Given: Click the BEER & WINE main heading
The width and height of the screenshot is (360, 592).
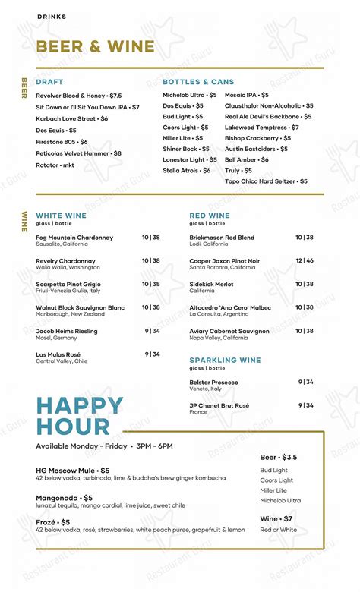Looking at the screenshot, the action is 95,47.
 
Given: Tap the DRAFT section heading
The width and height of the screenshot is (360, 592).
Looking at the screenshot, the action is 49,82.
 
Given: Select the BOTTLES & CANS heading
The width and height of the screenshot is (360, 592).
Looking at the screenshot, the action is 198,82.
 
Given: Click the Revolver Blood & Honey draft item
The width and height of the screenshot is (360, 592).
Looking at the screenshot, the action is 78,96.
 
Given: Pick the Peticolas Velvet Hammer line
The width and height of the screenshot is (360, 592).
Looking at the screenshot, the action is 78,153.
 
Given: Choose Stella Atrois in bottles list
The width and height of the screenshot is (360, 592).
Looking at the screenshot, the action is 187,171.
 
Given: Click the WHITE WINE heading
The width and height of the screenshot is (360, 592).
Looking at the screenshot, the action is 62,216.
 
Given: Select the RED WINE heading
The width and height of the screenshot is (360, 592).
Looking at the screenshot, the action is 209,216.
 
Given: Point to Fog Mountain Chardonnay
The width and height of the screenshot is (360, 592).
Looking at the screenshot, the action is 74,238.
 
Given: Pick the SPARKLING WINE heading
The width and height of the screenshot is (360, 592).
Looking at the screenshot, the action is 225,360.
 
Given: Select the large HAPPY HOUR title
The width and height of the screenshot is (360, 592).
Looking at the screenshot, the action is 79,415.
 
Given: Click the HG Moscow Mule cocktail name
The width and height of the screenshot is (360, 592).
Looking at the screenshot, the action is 72,471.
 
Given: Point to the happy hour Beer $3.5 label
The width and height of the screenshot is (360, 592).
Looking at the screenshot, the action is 278,458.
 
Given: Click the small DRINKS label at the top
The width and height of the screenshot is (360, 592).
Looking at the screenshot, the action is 52,17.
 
